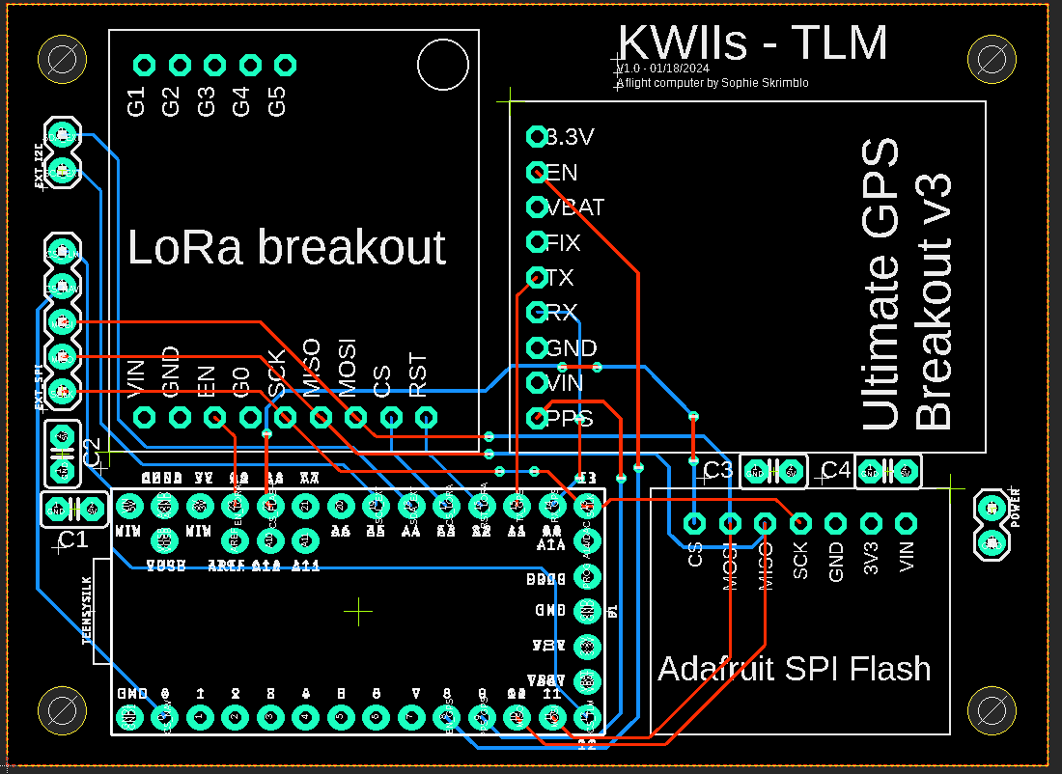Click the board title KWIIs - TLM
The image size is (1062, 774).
(x=752, y=43)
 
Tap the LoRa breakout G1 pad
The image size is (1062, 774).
(x=144, y=65)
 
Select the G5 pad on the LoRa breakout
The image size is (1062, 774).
(x=285, y=65)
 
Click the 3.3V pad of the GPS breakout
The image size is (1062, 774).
(x=537, y=136)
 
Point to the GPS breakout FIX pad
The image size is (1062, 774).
(x=537, y=241)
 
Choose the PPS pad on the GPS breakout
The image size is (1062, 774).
(x=537, y=418)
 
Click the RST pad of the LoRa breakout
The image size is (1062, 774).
(x=426, y=417)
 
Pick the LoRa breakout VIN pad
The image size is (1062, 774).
(x=144, y=417)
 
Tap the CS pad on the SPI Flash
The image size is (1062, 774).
(x=694, y=523)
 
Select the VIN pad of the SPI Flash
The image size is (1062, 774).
(x=906, y=523)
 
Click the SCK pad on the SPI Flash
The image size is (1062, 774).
(x=800, y=523)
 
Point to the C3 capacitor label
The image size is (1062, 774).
(x=718, y=471)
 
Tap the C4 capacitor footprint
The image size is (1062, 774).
(x=888, y=471)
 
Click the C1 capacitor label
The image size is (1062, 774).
(x=73, y=540)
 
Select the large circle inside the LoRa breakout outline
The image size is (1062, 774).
(x=442, y=65)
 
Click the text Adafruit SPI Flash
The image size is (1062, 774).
(x=794, y=669)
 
